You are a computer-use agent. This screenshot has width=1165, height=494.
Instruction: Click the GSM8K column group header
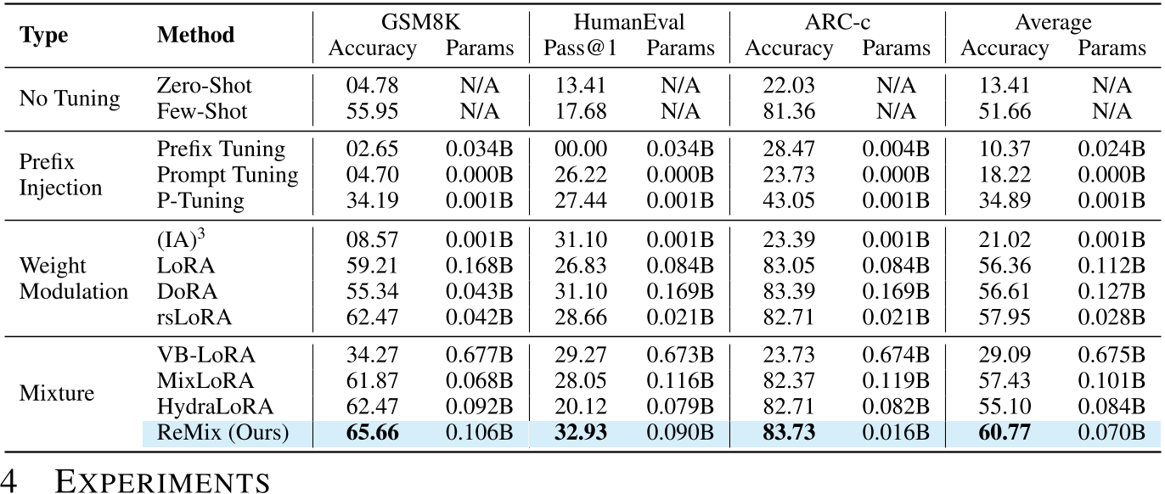coord(420,22)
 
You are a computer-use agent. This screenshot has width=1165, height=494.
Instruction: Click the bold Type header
coord(44,35)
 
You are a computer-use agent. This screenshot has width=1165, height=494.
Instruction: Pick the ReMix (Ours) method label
coord(223,433)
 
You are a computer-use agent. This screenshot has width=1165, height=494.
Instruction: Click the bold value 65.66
coord(372,433)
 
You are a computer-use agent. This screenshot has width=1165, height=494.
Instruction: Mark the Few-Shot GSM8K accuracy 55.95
coord(372,111)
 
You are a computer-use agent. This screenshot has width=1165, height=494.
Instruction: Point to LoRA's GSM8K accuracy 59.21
coord(372,266)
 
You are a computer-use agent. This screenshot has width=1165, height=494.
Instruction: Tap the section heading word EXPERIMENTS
coord(162,480)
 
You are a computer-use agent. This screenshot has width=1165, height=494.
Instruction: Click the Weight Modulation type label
coord(73,278)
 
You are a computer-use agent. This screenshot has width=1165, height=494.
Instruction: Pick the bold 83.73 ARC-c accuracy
coord(787,433)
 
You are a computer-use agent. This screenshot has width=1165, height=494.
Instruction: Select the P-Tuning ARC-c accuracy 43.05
coord(787,200)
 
